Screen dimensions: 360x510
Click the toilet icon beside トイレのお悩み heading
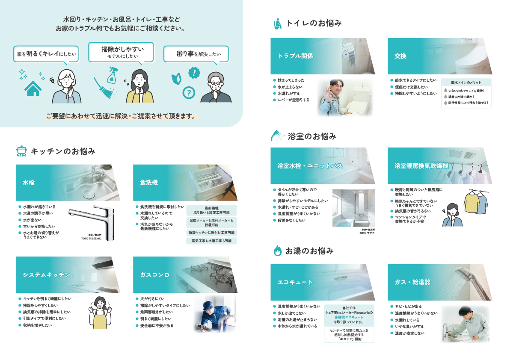277,24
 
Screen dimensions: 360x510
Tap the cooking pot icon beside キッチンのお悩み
21,151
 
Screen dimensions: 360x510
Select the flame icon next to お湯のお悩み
277,251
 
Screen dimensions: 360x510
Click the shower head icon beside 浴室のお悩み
277,136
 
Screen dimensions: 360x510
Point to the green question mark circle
188,92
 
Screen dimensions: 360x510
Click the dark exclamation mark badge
195,72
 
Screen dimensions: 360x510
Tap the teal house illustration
32,89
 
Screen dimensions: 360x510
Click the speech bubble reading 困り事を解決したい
196,54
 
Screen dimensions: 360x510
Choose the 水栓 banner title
29,183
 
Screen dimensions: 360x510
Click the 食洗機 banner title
149,183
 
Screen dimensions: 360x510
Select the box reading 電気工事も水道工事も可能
211,241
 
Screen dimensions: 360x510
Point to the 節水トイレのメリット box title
466,83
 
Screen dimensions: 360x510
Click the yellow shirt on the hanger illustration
471,203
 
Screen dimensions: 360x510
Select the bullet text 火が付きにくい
152,298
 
